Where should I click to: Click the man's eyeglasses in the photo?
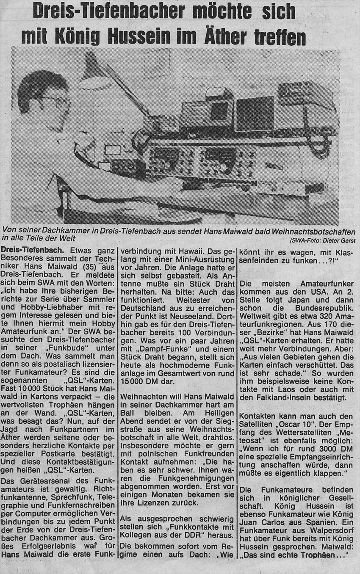(58, 101)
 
